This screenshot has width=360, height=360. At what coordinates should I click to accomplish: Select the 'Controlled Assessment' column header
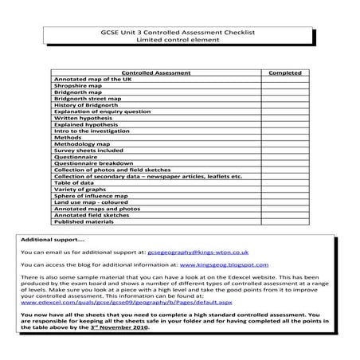coord(157,72)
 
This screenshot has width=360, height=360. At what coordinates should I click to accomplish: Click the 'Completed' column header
coord(284,72)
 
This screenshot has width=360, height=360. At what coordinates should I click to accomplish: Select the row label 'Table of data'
coord(75,182)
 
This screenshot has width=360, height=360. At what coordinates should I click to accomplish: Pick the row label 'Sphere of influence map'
coord(91,195)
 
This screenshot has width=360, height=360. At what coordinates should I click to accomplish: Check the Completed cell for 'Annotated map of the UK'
coord(284,80)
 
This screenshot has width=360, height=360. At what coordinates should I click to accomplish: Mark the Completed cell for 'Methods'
coord(284,137)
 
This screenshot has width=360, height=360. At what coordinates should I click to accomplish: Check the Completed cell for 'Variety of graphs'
coord(284,189)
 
